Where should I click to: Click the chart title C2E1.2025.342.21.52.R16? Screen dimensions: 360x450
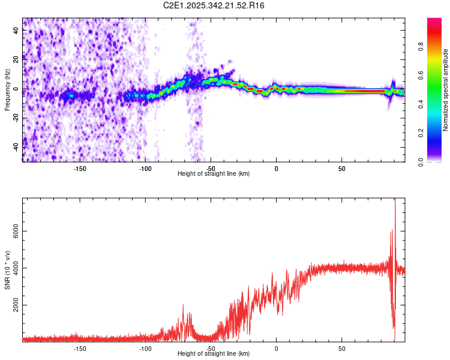click(x=214, y=5)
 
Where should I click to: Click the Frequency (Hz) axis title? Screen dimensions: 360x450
click(x=7, y=90)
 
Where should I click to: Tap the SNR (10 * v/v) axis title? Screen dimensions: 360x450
click(x=7, y=270)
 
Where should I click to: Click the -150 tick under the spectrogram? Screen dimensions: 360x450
click(x=80, y=169)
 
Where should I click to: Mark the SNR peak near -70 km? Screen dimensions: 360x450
click(x=183, y=306)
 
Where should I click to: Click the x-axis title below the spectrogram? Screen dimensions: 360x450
click(x=214, y=174)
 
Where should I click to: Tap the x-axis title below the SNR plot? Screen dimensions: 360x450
click(x=214, y=354)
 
